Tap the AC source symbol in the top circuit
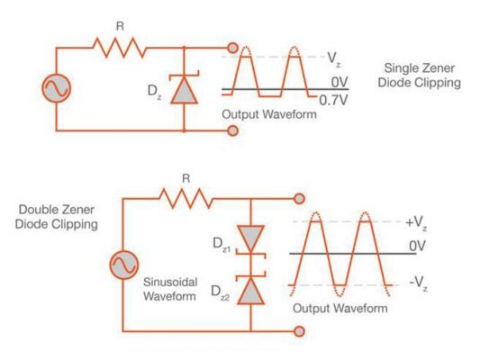(x=55, y=89)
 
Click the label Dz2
(x=221, y=292)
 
